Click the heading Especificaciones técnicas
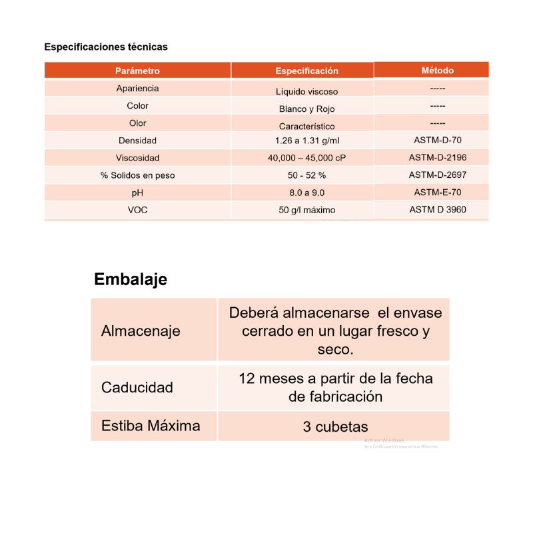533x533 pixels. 106,47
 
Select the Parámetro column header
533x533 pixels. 137,71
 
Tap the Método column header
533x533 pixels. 438,70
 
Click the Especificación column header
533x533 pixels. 306,71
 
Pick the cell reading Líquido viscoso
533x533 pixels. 306,91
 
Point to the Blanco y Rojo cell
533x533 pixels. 306,109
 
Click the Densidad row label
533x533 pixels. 137,141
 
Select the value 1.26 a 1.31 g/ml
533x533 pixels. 306,141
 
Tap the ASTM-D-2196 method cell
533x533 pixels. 438,158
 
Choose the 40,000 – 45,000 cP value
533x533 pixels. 306,158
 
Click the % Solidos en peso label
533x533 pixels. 137,175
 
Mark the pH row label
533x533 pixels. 137,193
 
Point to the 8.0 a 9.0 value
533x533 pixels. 306,193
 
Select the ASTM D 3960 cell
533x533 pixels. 438,209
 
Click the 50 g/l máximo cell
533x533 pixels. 306,210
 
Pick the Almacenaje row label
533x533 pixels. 141,331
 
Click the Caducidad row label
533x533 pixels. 137,387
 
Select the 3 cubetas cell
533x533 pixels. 335,426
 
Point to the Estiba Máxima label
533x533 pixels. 151,426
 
